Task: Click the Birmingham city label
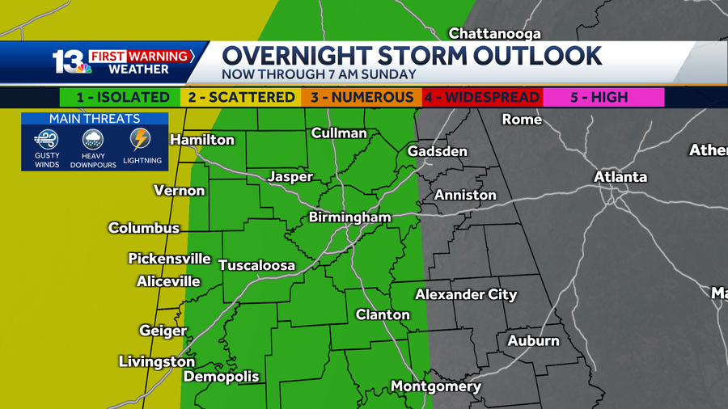click(x=349, y=217)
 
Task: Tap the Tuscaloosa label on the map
click(x=256, y=265)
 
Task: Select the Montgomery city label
click(x=435, y=386)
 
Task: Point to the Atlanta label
click(x=620, y=176)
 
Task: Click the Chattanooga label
click(x=494, y=33)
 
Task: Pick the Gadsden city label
click(x=437, y=151)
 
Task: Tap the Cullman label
click(x=339, y=133)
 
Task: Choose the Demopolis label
click(x=221, y=377)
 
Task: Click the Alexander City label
click(x=466, y=294)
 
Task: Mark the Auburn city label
click(x=533, y=340)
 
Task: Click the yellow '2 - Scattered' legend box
click(x=241, y=97)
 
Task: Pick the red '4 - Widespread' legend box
click(x=481, y=97)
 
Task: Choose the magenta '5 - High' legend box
click(x=603, y=97)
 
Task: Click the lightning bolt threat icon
click(x=142, y=139)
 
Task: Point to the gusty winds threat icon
click(x=46, y=140)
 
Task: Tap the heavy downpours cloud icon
click(x=94, y=140)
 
